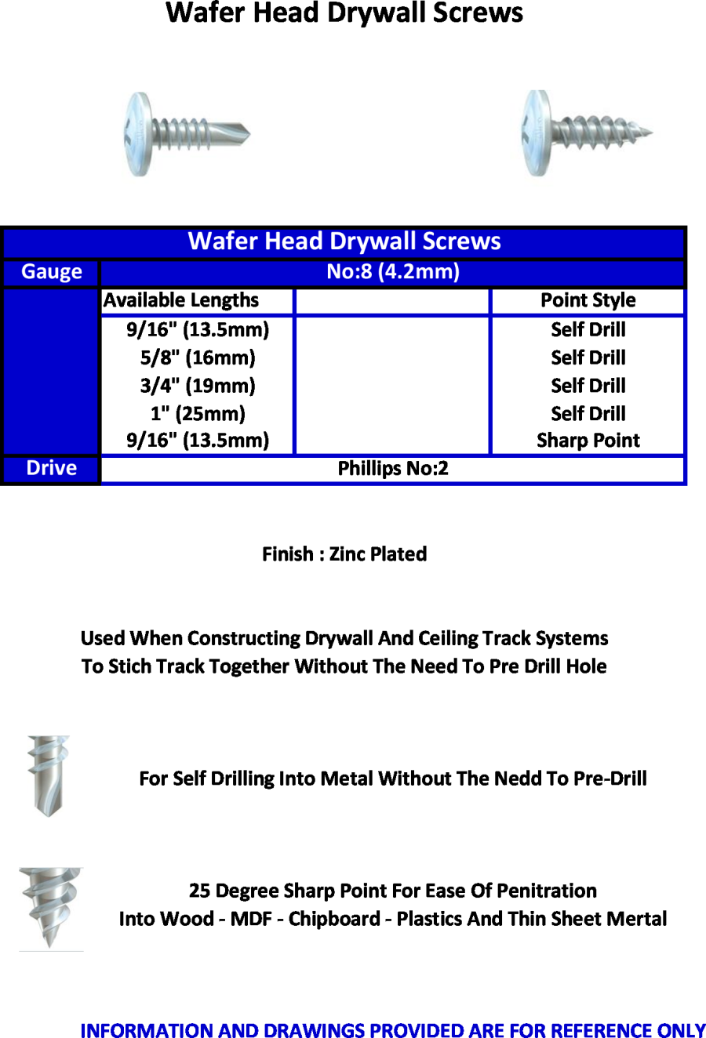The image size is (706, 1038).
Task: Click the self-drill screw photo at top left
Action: tap(187, 133)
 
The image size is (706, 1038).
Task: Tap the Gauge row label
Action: tap(52, 272)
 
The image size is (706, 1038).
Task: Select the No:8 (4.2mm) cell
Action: tap(393, 272)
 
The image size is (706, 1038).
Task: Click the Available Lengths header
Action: tap(181, 300)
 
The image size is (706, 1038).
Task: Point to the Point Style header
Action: tap(588, 300)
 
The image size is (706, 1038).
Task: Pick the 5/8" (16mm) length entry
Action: tap(198, 358)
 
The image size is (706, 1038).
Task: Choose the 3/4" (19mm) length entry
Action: tap(198, 386)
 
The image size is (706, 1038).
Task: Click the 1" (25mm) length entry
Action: tap(198, 413)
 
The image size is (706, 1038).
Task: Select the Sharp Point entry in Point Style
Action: tap(588, 441)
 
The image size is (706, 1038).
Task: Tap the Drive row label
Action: tap(52, 468)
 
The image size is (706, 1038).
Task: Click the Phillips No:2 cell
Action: tap(393, 469)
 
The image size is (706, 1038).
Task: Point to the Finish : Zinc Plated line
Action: tap(344, 554)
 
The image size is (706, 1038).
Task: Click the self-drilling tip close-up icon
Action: tap(48, 775)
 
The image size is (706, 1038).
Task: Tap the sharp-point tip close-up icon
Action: tap(51, 907)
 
